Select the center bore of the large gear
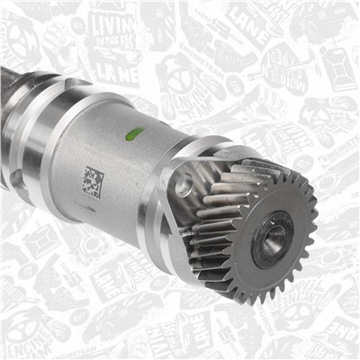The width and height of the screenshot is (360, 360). coord(272,238)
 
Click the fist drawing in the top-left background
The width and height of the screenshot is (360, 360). coord(22,36)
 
